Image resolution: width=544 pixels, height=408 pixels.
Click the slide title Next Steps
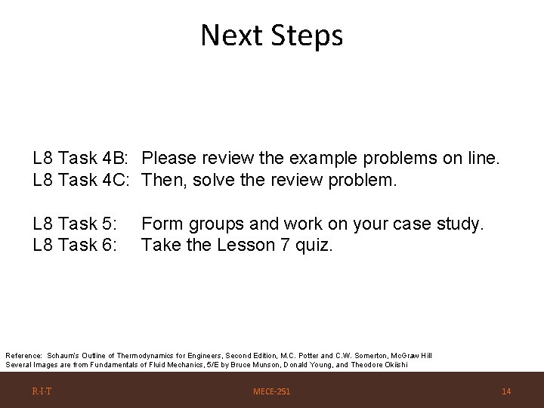(271, 36)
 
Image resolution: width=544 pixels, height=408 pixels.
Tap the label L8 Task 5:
(75, 224)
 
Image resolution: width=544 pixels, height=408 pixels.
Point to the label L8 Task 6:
(75, 245)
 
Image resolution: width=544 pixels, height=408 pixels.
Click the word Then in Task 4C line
(162, 181)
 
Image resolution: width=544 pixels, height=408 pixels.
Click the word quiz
(314, 245)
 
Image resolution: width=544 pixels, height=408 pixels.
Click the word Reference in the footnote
(24, 355)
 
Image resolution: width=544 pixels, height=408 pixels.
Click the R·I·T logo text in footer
(42, 391)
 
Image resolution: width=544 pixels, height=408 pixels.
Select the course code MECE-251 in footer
(271, 391)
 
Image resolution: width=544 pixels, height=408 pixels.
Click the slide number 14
(506, 391)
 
